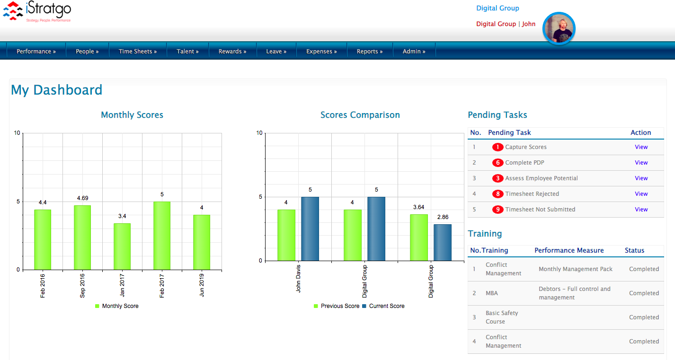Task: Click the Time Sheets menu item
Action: pos(137,52)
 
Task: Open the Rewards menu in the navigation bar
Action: pos(232,52)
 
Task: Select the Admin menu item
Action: pos(414,52)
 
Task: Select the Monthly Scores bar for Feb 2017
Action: pos(162,236)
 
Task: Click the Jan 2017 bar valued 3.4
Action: pos(122,246)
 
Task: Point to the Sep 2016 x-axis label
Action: pos(82,285)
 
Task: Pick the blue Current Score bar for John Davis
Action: pos(310,228)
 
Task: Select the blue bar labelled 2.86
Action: pos(443,242)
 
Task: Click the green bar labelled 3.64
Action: pos(419,237)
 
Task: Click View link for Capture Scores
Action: pos(641,147)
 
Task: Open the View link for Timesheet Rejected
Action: pos(641,194)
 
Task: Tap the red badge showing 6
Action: pos(497,163)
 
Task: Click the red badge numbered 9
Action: pos(497,210)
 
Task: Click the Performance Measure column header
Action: pos(569,250)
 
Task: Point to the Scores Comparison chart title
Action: pos(360,115)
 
